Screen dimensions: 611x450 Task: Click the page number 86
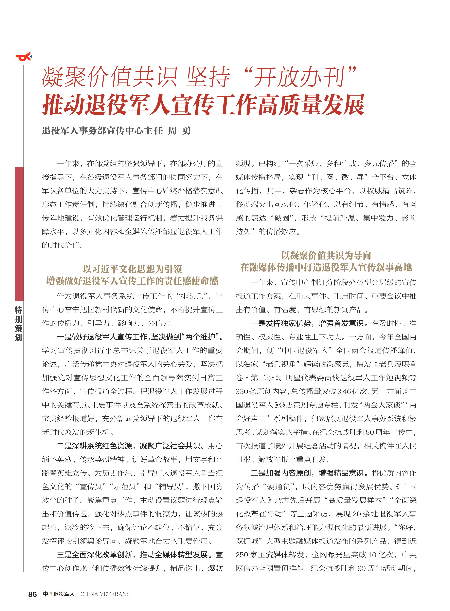pos(32,594)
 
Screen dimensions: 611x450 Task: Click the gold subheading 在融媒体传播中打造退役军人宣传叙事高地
pos(326,268)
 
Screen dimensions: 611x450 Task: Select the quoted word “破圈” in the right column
pos(282,218)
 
